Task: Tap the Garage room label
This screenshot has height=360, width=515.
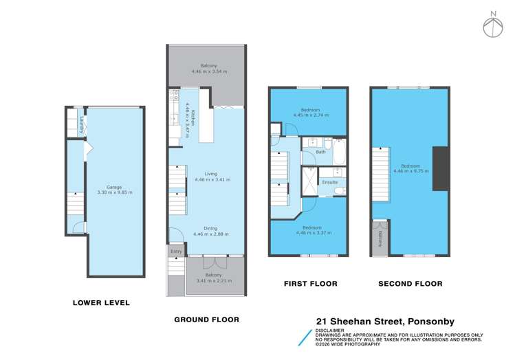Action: point(114,187)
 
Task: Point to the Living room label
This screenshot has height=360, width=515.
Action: point(211,174)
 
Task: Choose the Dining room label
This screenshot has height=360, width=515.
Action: point(210,228)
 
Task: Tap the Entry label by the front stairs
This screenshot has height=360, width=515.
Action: point(176,251)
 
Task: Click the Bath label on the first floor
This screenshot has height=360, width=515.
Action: point(320,152)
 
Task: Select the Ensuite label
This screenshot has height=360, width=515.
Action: point(330,182)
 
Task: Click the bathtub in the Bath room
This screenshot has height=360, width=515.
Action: point(340,152)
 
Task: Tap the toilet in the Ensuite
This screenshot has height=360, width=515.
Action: point(340,191)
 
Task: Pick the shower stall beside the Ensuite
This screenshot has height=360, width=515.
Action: point(309,181)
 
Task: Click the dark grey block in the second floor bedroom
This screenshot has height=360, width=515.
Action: point(441,168)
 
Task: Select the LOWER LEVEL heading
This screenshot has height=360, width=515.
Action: point(101,303)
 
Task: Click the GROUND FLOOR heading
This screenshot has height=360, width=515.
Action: point(206,319)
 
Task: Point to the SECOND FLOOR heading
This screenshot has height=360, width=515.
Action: point(410,284)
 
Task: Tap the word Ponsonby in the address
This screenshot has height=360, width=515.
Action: point(431,322)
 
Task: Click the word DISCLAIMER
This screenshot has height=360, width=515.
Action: point(330,330)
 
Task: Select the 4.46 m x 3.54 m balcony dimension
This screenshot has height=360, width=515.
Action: point(210,71)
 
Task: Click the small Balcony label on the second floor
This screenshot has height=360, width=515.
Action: point(380,239)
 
